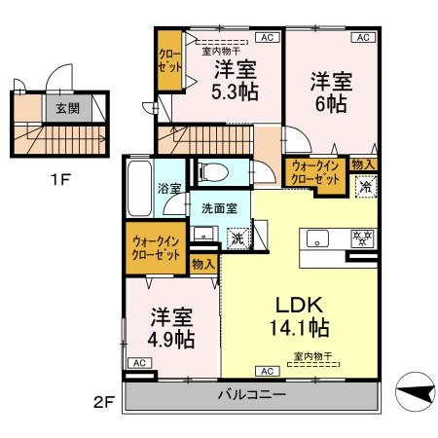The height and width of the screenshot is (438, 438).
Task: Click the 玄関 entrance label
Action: coord(67,109)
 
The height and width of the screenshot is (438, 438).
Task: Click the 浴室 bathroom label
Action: coord(169,188)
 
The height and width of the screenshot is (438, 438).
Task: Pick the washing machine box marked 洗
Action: coord(238,237)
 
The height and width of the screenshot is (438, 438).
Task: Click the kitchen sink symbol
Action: coord(319,238)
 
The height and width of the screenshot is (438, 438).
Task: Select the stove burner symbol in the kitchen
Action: coord(361,237)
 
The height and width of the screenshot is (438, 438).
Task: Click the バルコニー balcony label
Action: coord(249,396)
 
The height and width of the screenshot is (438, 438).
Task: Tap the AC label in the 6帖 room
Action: coord(360,37)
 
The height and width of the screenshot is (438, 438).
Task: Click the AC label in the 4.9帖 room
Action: coord(138,363)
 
